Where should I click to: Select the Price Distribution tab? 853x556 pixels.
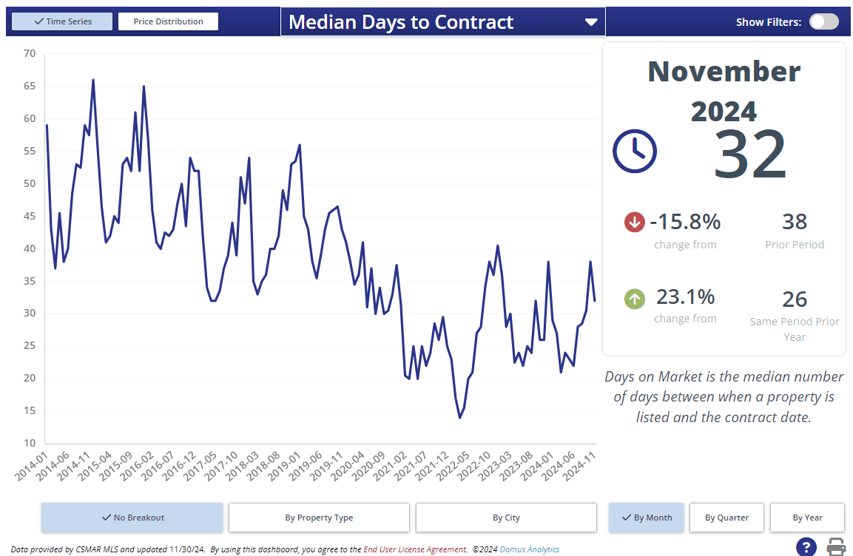tap(168, 21)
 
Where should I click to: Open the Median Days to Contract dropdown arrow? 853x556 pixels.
tap(590, 22)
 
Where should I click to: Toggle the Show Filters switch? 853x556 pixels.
tap(823, 21)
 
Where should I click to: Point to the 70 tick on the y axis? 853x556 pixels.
tap(30, 53)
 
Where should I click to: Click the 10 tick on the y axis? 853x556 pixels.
tap(30, 444)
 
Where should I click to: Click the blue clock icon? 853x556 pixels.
tap(634, 152)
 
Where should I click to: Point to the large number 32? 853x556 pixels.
tap(750, 155)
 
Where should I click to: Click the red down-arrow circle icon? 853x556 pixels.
tap(635, 222)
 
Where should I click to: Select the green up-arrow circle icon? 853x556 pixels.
tap(635, 299)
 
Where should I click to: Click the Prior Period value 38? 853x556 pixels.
tap(795, 222)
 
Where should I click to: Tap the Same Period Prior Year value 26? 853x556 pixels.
tap(795, 299)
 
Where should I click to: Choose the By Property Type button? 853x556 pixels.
tap(319, 518)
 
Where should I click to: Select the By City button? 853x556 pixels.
tap(506, 518)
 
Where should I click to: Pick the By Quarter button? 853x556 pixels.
tap(726, 518)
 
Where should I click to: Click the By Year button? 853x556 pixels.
tap(807, 518)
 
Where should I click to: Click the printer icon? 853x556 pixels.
tap(836, 547)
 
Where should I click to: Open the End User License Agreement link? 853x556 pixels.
tap(414, 549)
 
